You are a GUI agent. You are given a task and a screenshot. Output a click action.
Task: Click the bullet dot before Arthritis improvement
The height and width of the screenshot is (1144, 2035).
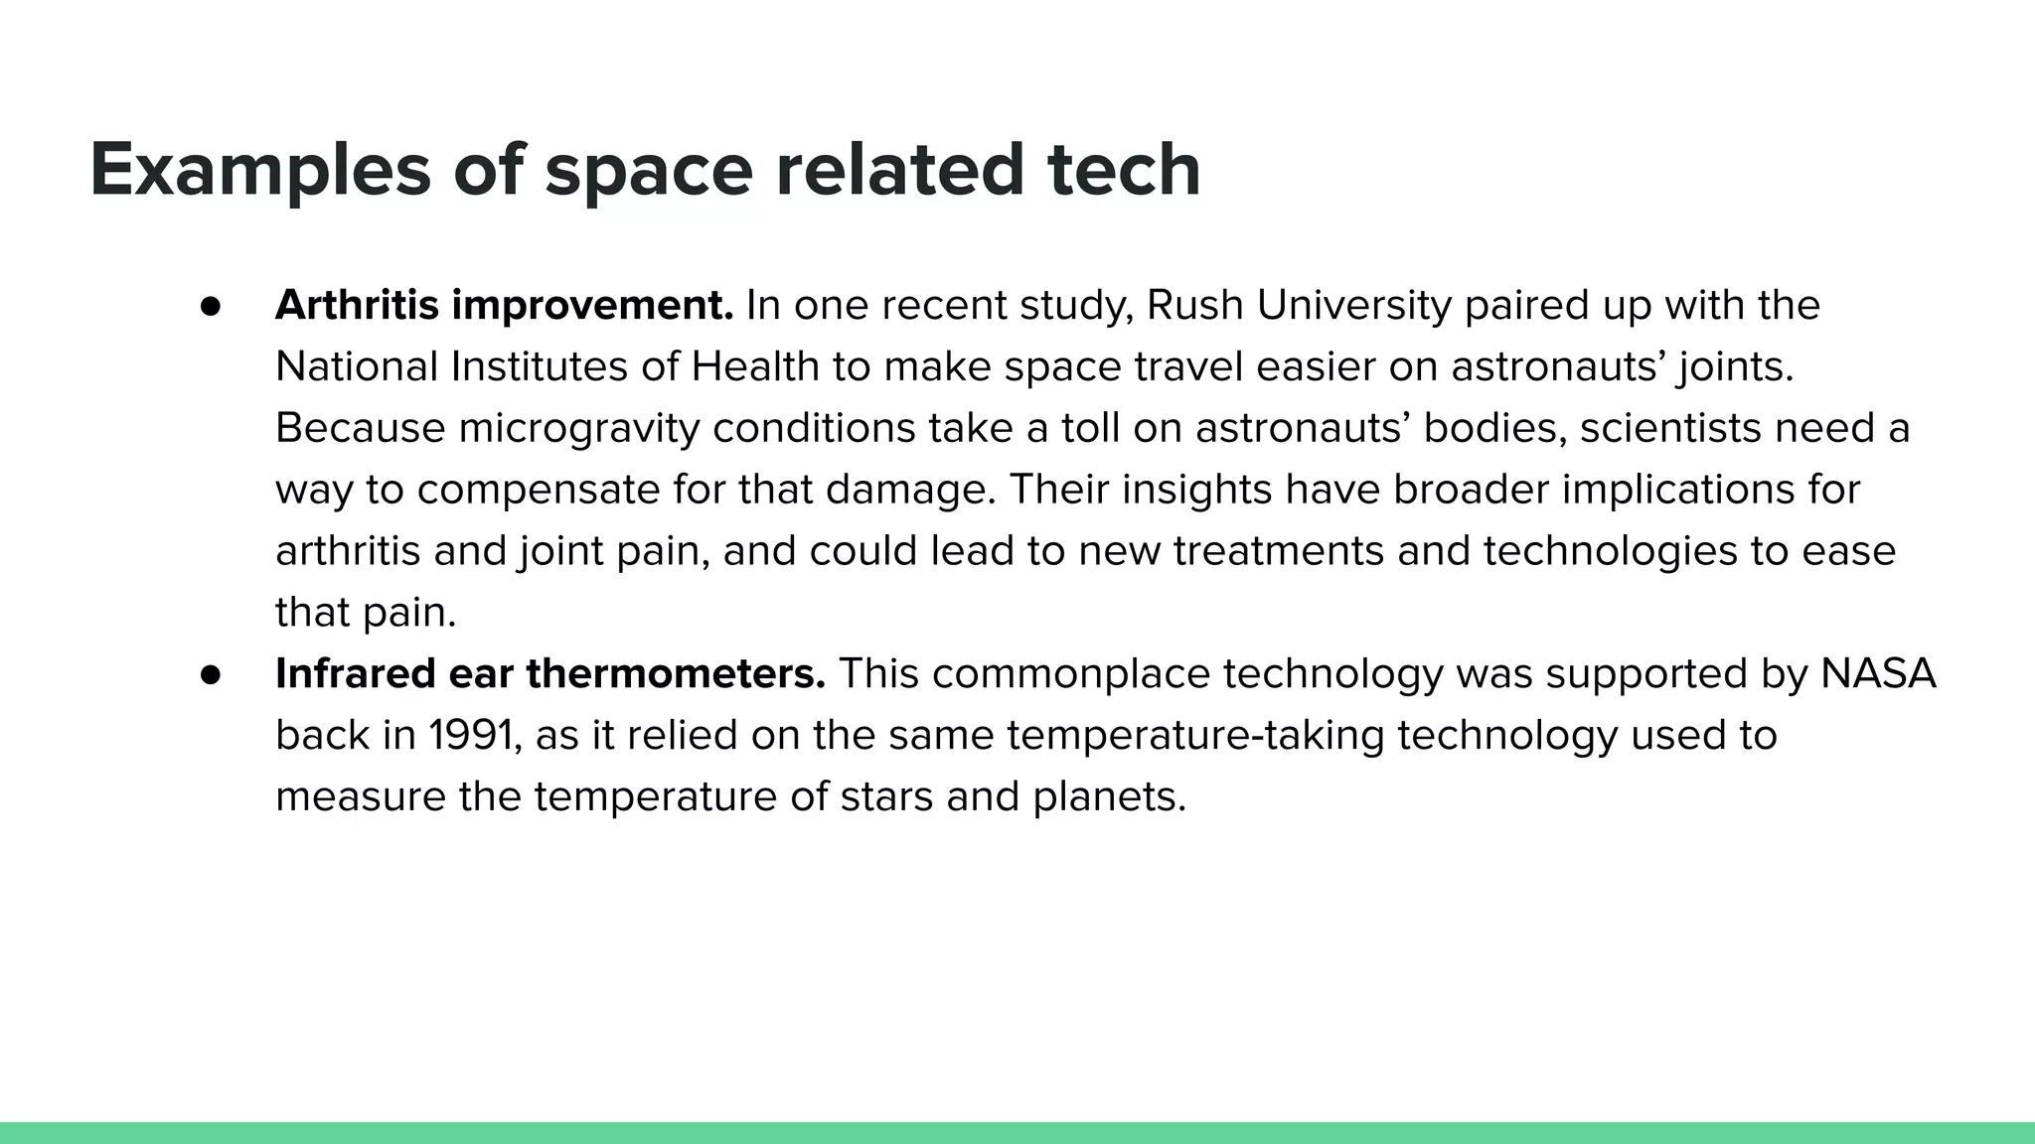point(210,306)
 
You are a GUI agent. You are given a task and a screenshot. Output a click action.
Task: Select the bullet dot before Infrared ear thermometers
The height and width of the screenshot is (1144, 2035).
point(210,674)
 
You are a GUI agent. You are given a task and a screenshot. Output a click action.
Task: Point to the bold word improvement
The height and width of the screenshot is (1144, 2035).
point(592,306)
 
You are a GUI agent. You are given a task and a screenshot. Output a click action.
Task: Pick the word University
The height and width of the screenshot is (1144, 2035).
point(1353,306)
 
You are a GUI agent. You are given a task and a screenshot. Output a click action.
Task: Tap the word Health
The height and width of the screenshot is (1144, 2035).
point(755,367)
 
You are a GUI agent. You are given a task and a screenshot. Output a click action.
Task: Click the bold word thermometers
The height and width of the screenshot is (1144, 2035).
point(676,674)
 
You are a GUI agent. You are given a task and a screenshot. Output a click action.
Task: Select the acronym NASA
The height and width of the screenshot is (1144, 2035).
point(1878,674)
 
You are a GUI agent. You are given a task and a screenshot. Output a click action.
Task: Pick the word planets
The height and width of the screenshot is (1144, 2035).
point(1109,797)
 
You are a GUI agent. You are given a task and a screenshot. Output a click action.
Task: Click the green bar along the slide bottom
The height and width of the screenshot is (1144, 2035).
point(1017,1133)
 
